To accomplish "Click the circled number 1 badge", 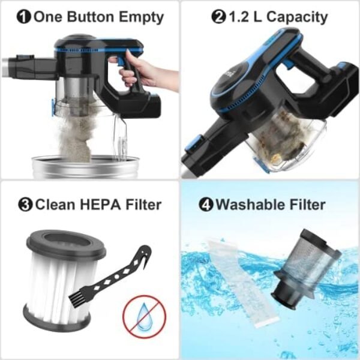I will click(25, 17).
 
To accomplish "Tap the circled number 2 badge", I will click(218, 17).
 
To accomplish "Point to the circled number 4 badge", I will click(206, 205).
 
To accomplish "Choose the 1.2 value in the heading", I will click(240, 17).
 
